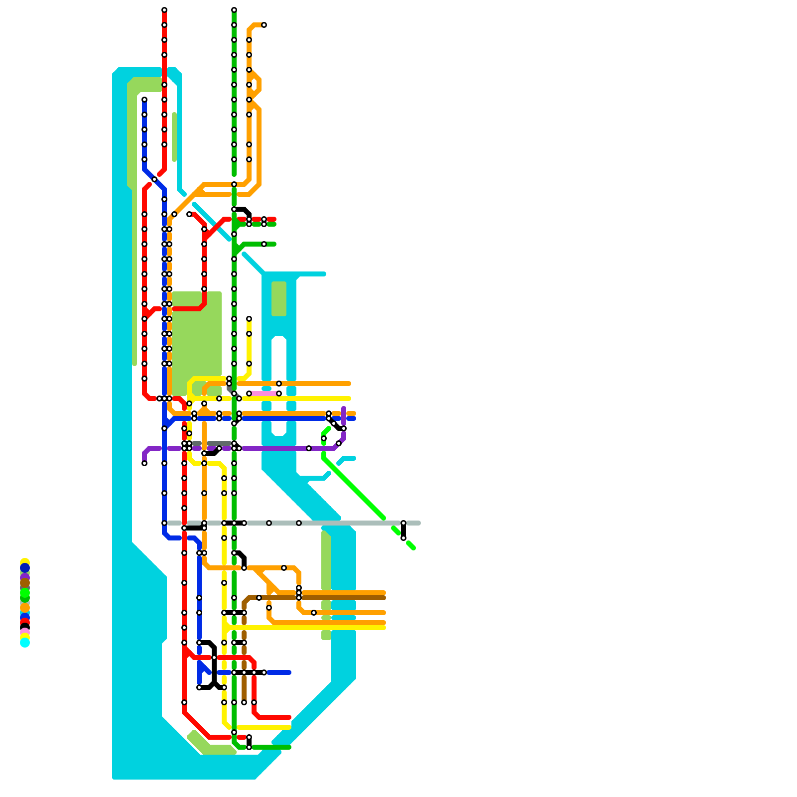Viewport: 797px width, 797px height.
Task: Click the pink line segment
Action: click(264, 394)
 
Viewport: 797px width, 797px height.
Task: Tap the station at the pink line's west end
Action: click(249, 394)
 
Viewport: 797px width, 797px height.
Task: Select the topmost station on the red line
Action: click(164, 10)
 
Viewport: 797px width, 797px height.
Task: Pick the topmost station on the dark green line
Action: click(234, 10)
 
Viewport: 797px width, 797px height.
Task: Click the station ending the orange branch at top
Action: click(264, 25)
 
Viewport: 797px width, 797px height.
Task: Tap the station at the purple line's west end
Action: click(144, 463)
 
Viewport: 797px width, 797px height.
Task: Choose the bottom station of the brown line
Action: click(244, 702)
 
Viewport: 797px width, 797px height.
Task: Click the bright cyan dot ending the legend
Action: click(25, 643)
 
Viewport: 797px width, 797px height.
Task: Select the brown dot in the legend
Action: click(25, 583)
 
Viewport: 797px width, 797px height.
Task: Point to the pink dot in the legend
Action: click(25, 632)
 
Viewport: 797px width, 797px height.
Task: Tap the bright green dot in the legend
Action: click(25, 593)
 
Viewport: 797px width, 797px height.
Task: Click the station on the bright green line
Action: click(324, 438)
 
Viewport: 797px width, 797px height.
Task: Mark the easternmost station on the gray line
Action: click(403, 523)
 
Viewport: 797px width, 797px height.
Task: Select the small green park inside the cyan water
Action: click(279, 299)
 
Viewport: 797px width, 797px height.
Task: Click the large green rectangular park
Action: click(197, 339)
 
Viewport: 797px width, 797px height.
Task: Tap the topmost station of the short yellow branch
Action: click(249, 319)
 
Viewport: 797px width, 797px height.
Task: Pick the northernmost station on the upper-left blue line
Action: click(144, 100)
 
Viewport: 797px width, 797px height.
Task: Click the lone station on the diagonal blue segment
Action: click(154, 179)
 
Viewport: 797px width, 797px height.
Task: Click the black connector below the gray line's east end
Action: click(403, 531)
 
